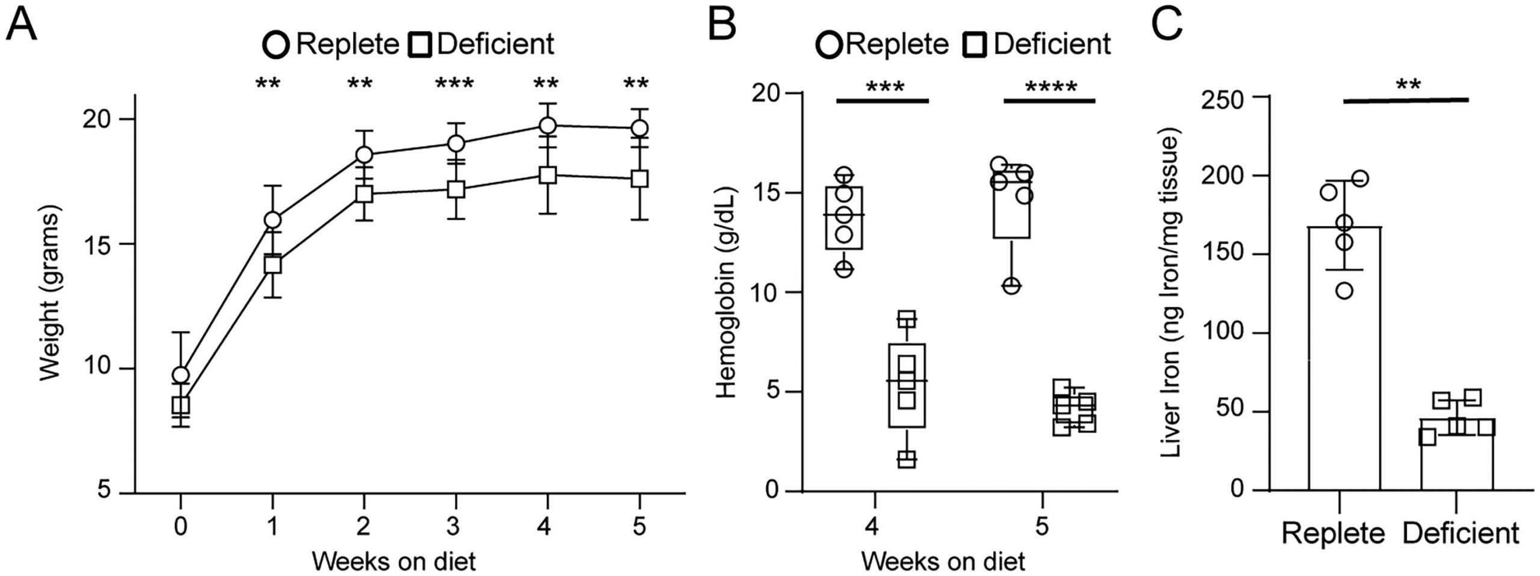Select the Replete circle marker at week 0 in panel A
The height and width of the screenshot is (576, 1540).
point(181,375)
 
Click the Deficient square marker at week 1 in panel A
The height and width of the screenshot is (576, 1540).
point(273,265)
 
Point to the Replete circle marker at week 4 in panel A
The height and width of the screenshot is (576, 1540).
point(547,126)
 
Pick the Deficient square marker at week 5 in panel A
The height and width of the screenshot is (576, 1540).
point(639,179)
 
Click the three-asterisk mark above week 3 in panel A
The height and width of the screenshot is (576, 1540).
point(454,84)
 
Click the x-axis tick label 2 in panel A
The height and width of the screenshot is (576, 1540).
point(363,527)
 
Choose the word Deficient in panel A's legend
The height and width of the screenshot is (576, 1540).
point(495,44)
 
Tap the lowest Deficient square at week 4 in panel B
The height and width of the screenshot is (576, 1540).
point(907,460)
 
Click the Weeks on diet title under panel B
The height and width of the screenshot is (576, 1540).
point(943,562)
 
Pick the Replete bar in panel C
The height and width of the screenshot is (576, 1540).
point(1344,361)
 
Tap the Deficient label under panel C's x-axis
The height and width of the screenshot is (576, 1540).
point(1461,533)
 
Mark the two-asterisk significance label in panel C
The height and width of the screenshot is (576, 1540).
point(1408,85)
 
